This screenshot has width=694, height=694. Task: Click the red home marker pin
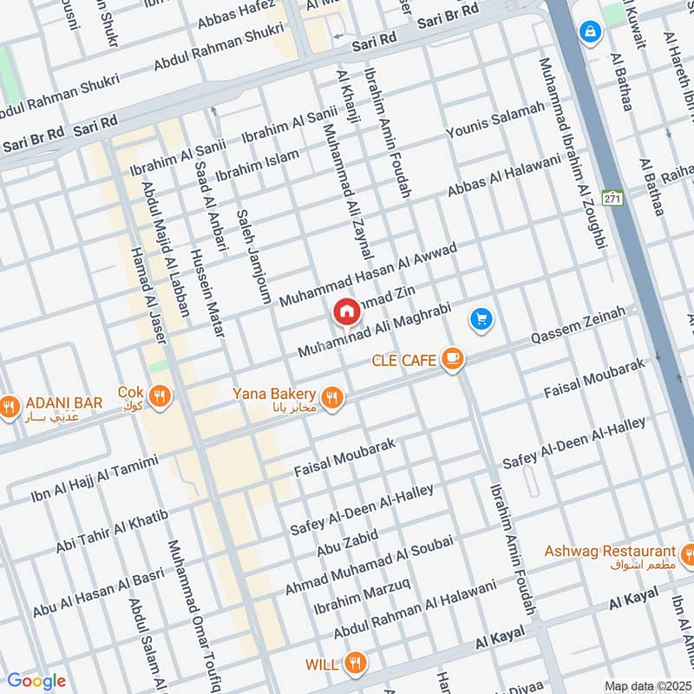[x=346, y=311]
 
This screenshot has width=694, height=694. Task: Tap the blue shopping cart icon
[x=481, y=319]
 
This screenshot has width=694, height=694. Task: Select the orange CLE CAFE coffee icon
[x=452, y=359]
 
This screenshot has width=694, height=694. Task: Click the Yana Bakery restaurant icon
[x=331, y=397]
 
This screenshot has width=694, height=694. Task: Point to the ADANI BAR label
[x=64, y=403]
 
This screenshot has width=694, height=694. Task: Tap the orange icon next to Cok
[x=159, y=396]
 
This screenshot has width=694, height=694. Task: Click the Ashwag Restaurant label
[x=610, y=552]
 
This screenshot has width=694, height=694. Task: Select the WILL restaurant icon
[x=353, y=665]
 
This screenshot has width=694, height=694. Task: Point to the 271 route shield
[x=614, y=198]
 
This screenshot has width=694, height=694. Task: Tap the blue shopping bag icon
[x=590, y=31]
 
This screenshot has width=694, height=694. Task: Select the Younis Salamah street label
[x=495, y=120]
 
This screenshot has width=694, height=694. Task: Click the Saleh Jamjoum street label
[x=253, y=246]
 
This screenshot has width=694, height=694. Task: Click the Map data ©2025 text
[x=646, y=685]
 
